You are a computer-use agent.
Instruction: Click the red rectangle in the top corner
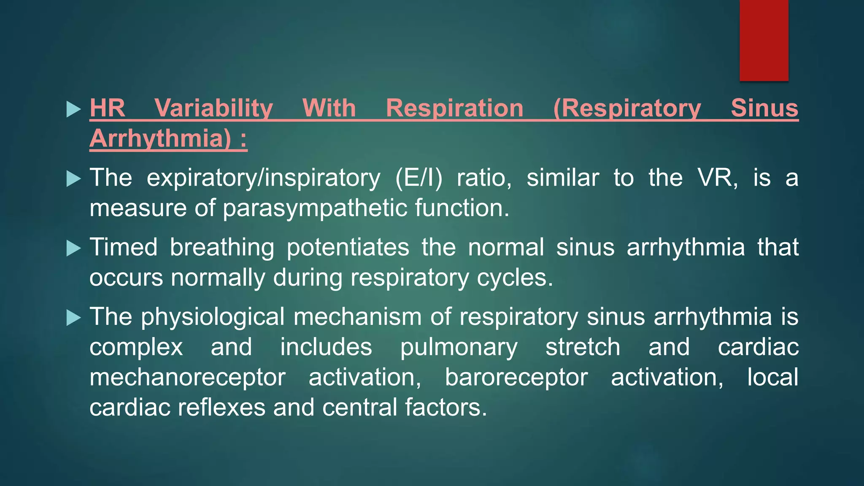(764, 40)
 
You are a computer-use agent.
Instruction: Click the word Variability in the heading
(213, 108)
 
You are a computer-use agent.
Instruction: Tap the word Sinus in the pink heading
(764, 108)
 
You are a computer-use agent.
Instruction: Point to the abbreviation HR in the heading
(107, 108)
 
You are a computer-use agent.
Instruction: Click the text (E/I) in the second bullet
(418, 178)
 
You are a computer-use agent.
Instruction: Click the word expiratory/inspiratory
(263, 178)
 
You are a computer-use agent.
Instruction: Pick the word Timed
(123, 247)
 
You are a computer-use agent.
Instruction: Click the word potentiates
(348, 247)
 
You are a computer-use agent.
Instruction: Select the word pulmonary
(459, 347)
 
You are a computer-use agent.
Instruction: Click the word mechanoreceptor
(187, 377)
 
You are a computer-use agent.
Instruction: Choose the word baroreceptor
(516, 377)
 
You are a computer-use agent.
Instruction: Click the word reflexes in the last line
(221, 407)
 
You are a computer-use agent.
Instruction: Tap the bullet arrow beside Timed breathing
(73, 248)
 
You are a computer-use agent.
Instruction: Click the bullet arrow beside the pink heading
(73, 109)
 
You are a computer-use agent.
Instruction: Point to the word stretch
(583, 347)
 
